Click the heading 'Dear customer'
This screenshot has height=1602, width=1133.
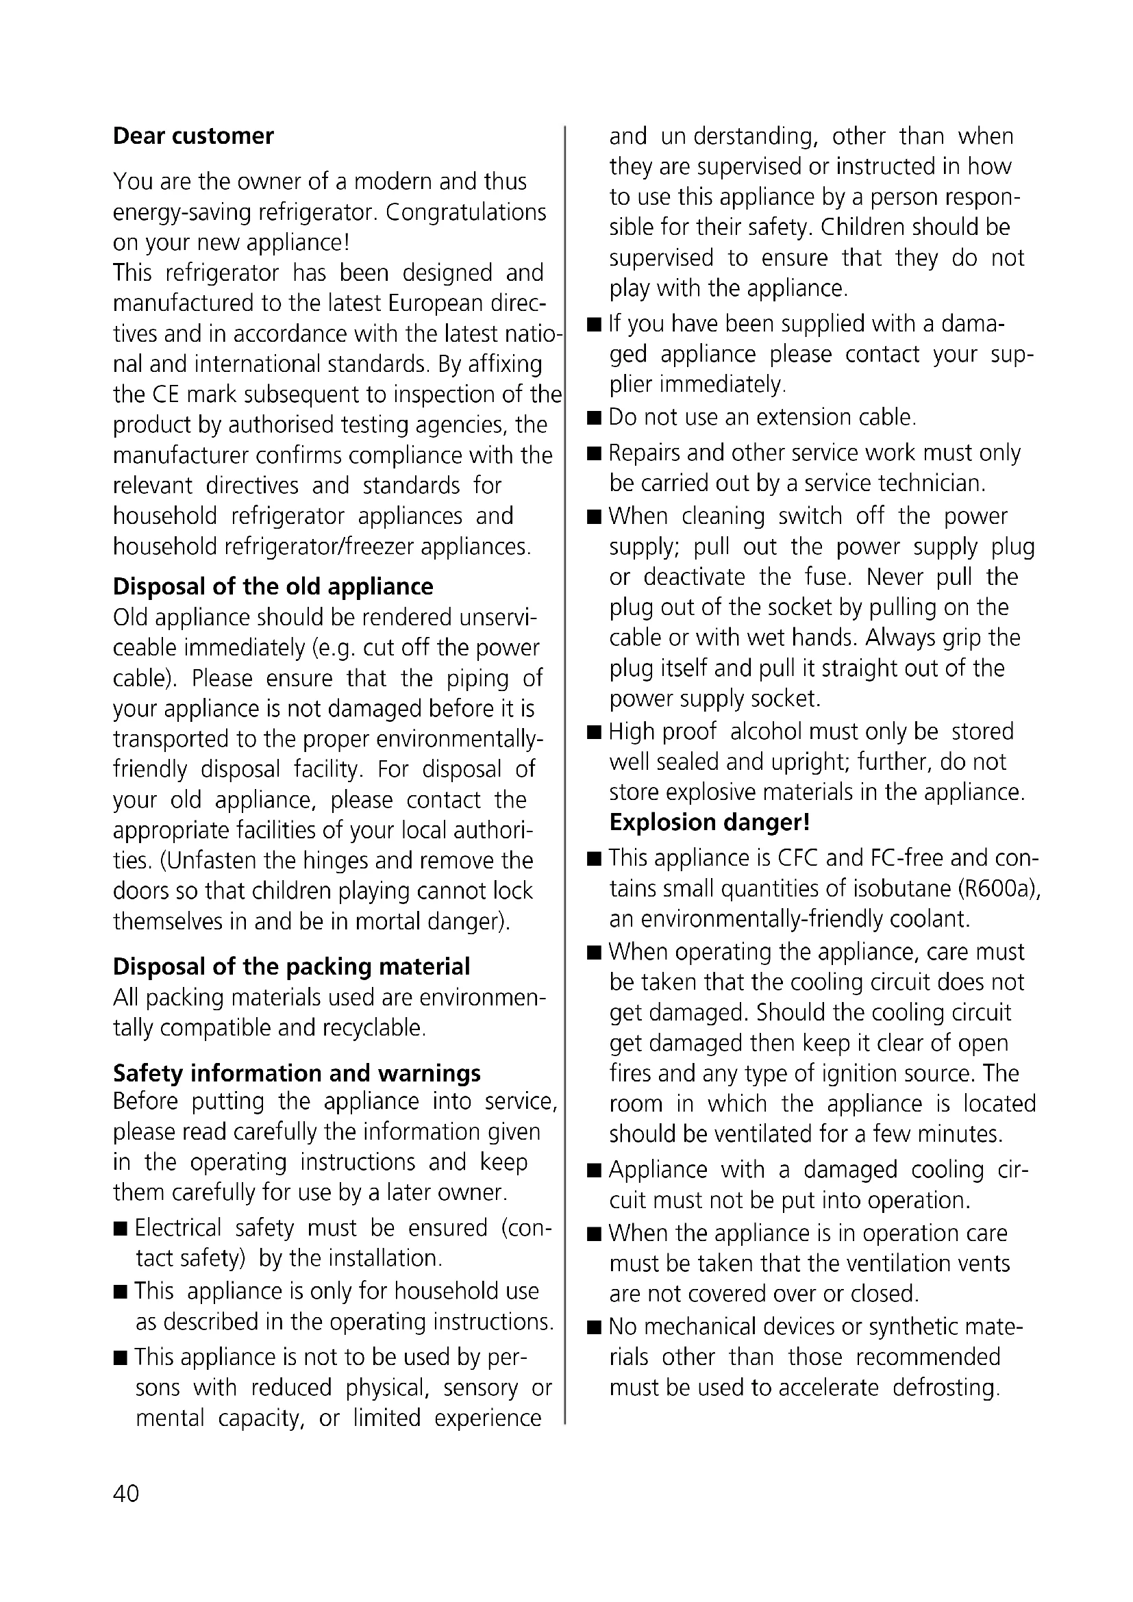coord(193,136)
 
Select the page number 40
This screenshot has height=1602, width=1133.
coord(125,1493)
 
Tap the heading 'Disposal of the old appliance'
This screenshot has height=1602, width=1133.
coord(273,586)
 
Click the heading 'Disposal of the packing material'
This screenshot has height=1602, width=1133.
coord(291,966)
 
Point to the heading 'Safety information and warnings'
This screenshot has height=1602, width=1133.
coord(297,1073)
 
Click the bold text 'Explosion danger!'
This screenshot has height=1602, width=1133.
coord(710,823)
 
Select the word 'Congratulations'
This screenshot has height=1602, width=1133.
coord(465,212)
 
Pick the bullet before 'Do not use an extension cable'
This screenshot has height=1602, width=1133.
coord(595,418)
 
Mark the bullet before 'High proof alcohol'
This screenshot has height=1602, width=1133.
coord(595,733)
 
